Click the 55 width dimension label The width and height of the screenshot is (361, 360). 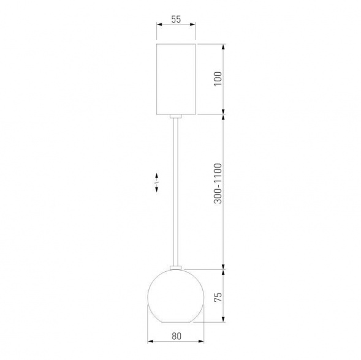(176, 19)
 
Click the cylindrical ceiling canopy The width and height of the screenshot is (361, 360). (177, 79)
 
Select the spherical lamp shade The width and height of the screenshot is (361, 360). (176, 296)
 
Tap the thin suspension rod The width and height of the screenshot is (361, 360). (177, 190)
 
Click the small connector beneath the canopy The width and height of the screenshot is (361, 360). (177, 116)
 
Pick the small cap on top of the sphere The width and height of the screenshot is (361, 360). (177, 267)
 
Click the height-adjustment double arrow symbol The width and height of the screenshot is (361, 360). (157, 182)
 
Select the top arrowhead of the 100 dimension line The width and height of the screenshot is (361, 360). (224, 46)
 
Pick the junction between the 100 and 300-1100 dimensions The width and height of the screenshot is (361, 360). (224, 114)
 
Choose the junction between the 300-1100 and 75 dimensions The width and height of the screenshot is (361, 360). (224, 269)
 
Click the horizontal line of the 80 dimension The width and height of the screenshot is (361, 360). (176, 342)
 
